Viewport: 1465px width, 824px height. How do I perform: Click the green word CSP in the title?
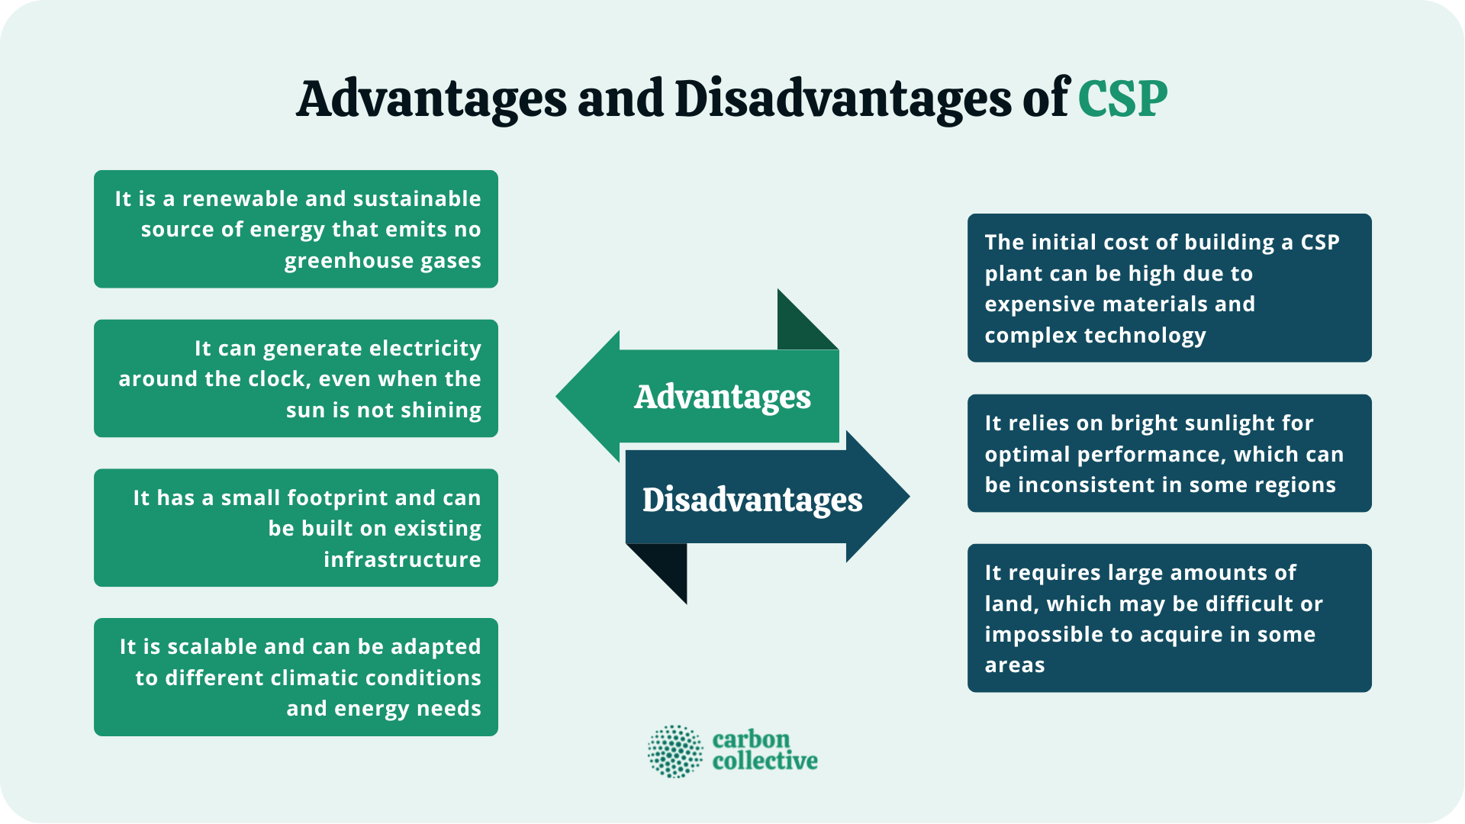1122,100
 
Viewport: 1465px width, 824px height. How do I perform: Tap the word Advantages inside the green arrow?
722,397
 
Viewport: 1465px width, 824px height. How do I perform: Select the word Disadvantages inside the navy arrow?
752,500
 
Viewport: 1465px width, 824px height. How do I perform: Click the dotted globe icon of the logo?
675,752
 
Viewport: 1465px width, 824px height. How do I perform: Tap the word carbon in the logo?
751,739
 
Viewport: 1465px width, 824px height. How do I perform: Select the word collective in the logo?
765,761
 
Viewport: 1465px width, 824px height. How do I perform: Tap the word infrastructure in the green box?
402,560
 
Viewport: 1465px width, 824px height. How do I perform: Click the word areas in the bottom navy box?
1014,665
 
